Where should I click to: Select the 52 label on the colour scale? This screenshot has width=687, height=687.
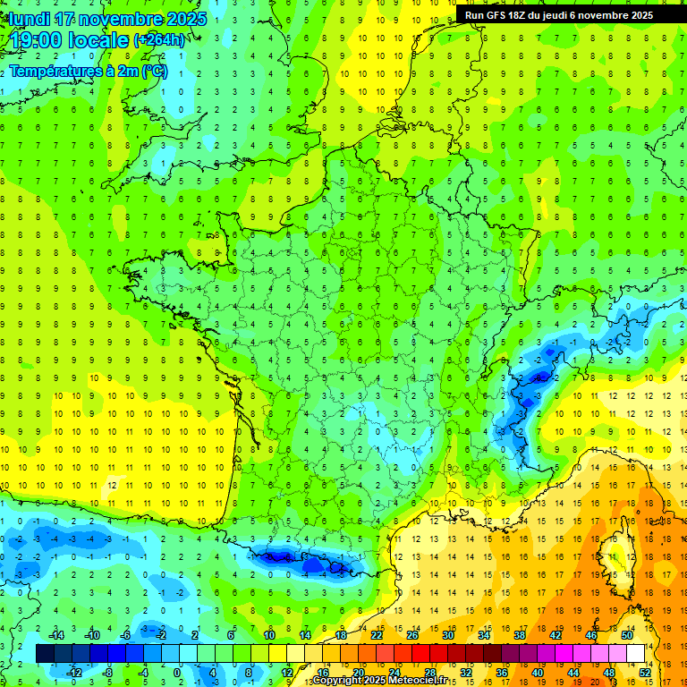645,673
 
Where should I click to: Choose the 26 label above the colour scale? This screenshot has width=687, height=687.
412,635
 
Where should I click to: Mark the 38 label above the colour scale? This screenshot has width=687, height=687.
520,635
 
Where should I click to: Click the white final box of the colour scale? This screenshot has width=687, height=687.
636,654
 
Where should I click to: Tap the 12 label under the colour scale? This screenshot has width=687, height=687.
287,673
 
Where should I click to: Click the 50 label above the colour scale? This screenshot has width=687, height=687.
627,635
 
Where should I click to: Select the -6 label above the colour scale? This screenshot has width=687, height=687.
126,635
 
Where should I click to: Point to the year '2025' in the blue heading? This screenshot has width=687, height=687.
186,19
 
